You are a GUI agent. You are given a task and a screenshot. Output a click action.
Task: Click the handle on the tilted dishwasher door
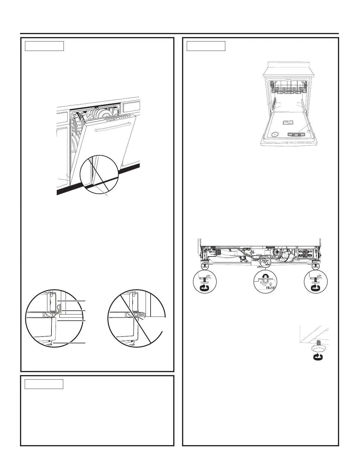click(x=112, y=127)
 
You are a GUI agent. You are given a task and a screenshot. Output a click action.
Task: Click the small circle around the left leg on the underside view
click(x=205, y=265)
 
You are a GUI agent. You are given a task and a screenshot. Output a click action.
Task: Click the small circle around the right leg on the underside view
click(x=316, y=265)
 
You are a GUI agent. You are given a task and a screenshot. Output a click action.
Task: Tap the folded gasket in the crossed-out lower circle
click(x=141, y=317)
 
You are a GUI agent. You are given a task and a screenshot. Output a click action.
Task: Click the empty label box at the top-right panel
click(x=206, y=46)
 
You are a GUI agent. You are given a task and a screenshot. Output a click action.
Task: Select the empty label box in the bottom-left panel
click(x=44, y=384)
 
